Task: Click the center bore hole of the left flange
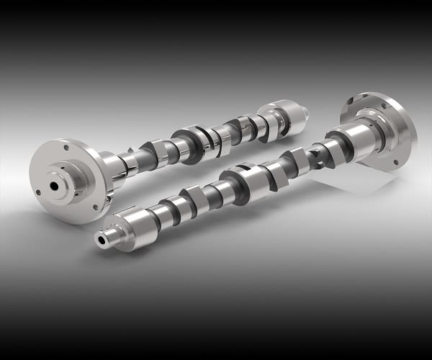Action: [55, 185]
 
